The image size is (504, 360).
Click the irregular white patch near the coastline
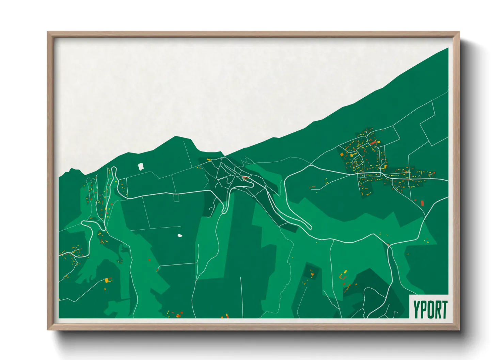coord(140,166)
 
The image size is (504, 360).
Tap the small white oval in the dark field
coord(180,235)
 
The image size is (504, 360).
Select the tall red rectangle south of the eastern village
coord(422,203)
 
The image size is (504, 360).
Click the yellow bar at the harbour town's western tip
coord(209,159)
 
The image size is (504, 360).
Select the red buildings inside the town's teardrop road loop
coord(245,178)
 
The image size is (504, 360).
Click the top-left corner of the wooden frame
coord(48,32)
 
